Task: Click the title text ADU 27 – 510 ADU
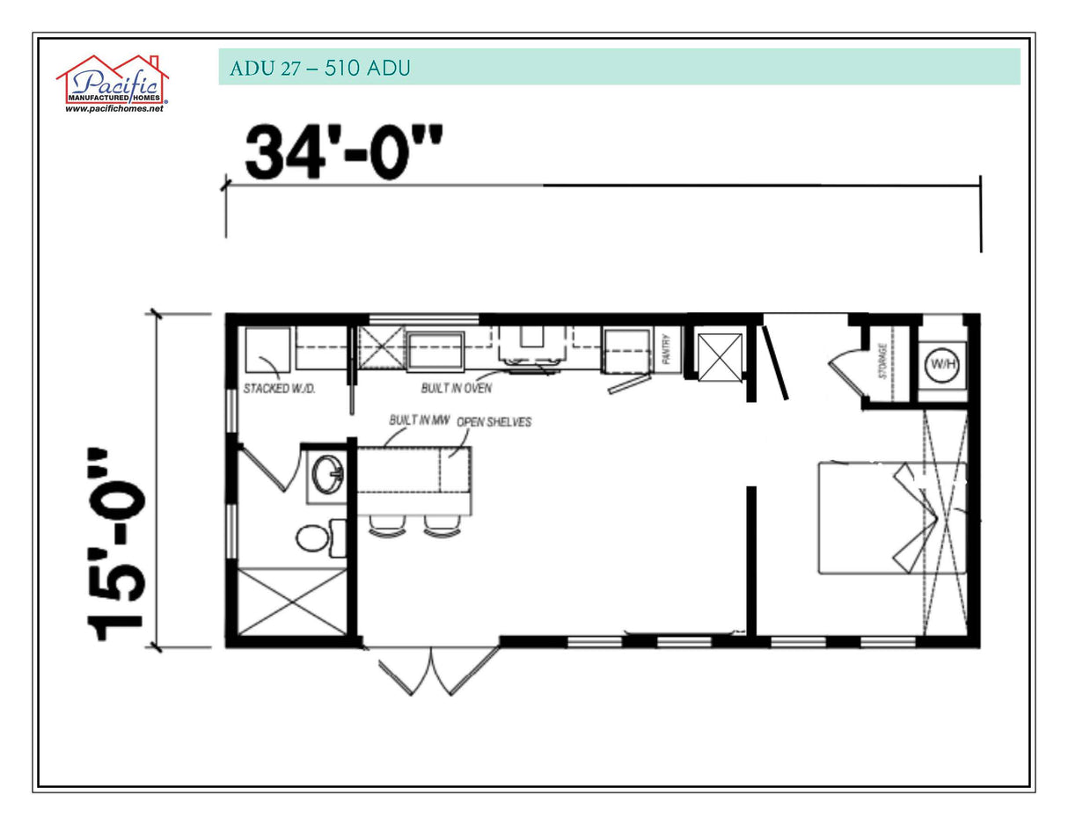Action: coord(319,68)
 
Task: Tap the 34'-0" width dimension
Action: coord(343,152)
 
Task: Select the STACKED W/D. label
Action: coord(279,388)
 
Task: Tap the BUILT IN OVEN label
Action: coord(456,388)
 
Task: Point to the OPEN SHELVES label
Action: coord(494,422)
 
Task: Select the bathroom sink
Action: coord(326,475)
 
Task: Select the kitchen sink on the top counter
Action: coord(435,351)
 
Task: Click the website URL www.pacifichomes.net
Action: coord(113,109)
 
